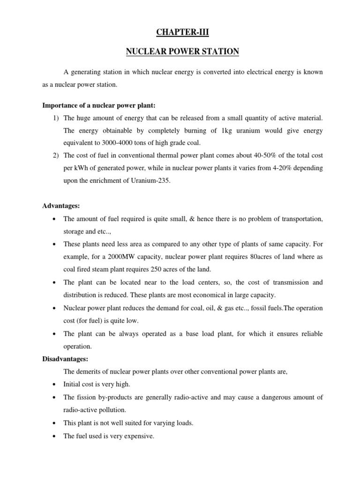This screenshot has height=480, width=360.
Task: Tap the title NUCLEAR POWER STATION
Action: coord(182,52)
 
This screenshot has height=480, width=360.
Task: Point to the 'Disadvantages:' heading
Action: coord(65,359)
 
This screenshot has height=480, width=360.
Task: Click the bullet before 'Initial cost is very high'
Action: coord(55,384)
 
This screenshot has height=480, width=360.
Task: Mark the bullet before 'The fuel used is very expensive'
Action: coord(55,435)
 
